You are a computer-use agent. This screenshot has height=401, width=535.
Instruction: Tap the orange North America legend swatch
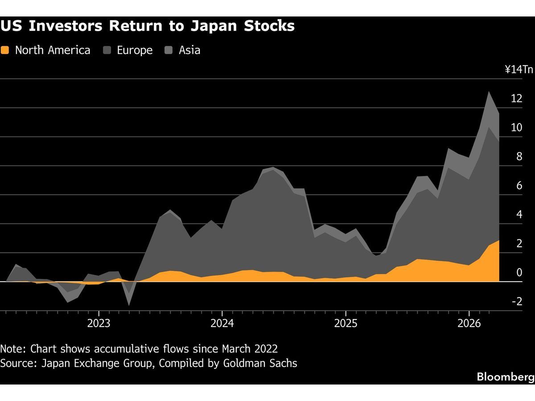tap(5, 50)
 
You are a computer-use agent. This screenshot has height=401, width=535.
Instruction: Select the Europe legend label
tap(135, 50)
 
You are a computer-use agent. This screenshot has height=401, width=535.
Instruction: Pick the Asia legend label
tap(189, 50)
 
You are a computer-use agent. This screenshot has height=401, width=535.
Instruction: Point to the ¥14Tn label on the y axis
tap(519, 70)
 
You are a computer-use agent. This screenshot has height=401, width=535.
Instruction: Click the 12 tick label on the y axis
tap(516, 99)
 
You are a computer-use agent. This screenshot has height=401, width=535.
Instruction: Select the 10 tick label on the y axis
tap(516, 128)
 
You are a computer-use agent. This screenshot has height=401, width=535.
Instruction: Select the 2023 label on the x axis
tap(99, 323)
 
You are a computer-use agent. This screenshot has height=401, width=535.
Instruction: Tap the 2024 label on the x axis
tap(222, 323)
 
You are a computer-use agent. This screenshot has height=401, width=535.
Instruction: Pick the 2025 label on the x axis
tap(346, 323)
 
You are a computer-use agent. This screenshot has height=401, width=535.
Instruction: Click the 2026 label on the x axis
tap(469, 323)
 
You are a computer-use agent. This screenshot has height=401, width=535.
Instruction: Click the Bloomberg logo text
tap(505, 377)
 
